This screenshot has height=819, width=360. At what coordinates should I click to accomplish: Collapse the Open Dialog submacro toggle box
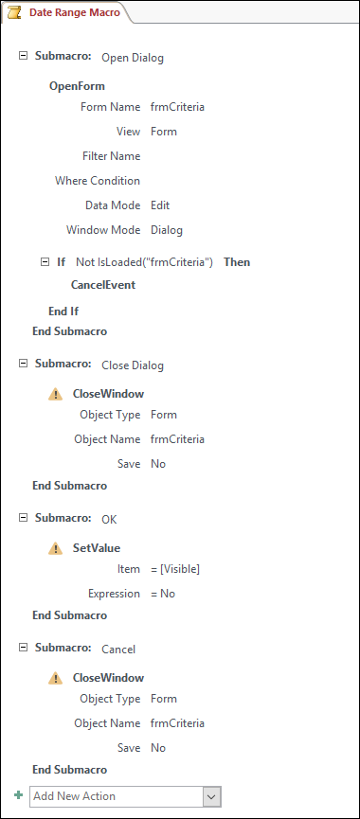(x=23, y=56)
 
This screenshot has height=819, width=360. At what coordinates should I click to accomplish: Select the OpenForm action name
(x=77, y=86)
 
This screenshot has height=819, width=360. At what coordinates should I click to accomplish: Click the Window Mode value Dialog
(x=167, y=230)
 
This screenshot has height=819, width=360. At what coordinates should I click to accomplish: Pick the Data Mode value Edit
(x=160, y=205)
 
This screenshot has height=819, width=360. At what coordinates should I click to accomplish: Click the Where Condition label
(x=98, y=181)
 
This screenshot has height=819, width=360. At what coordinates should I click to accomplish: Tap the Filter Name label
(x=112, y=156)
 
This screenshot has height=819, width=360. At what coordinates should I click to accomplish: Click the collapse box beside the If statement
(x=44, y=260)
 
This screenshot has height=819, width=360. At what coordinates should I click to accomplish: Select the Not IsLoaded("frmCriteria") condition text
(x=144, y=261)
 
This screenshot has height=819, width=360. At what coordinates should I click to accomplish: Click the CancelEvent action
(x=102, y=284)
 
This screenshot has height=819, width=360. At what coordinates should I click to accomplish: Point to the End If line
(x=63, y=311)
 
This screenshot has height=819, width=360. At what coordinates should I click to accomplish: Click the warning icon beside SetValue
(x=56, y=547)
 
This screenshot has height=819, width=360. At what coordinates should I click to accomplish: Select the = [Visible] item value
(x=175, y=569)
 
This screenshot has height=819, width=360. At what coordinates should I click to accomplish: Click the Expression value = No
(x=163, y=594)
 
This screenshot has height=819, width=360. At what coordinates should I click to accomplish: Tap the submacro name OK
(x=109, y=519)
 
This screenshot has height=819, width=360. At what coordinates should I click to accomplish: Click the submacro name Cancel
(x=118, y=649)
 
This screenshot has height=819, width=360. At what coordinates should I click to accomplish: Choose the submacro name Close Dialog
(x=133, y=365)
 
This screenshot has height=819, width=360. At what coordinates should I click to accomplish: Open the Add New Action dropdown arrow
(x=212, y=796)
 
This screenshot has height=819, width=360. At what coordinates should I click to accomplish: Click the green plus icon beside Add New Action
(x=19, y=795)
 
